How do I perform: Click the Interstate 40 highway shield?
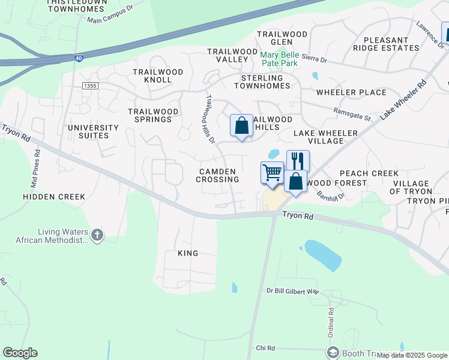(79, 58)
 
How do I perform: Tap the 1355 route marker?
(91, 86)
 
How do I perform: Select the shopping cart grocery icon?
(272, 173)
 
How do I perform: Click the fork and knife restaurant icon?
(298, 160)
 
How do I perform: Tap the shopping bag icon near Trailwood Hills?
(241, 126)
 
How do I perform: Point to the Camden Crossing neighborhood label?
(219, 175)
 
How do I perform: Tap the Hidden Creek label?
(54, 196)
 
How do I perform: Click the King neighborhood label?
(188, 253)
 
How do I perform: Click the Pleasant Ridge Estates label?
(385, 44)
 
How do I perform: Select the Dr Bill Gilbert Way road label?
(293, 292)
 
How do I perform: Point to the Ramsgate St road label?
(352, 113)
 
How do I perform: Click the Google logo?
(20, 353)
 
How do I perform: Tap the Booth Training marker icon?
(333, 352)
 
